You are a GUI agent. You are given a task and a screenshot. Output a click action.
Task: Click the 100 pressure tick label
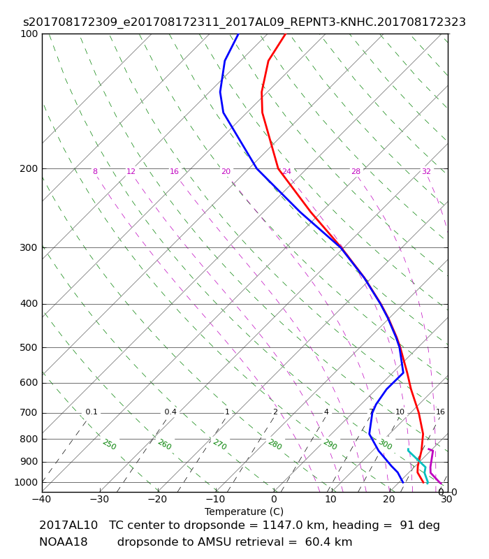29,34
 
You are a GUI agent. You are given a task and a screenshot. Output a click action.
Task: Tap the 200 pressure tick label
29,168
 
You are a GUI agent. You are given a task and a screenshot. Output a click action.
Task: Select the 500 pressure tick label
29,347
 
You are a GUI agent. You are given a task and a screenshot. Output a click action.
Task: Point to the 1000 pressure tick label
27,482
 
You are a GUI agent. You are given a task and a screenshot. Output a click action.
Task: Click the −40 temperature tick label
41,500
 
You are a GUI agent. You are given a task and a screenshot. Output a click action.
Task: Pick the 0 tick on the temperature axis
273,500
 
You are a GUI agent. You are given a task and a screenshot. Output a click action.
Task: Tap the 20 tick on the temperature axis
389,500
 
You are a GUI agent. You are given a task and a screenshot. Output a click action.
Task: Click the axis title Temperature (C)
244,511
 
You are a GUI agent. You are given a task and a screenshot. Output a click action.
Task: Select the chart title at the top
244,22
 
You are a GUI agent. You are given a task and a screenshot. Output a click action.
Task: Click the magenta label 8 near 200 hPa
95,172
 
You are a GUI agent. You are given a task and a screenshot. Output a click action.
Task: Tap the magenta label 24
286,172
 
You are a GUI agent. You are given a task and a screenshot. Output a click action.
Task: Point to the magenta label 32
426,172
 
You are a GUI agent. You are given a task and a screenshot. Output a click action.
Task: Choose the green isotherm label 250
109,444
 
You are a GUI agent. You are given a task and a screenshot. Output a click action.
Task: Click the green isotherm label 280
275,444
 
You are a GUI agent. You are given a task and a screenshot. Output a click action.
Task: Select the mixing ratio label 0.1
92,412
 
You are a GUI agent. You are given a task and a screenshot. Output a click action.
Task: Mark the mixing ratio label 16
440,412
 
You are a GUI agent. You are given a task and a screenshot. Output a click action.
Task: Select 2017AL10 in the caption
68,525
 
